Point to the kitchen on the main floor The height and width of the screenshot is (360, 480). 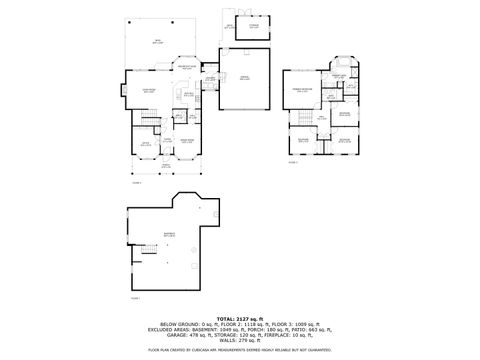(x=188, y=95)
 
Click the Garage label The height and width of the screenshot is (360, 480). (x=245, y=80)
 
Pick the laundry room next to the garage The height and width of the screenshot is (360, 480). (x=211, y=81)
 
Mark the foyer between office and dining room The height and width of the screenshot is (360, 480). (x=166, y=141)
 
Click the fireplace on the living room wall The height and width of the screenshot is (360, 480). (x=122, y=93)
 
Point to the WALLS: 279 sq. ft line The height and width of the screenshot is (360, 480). (x=241, y=339)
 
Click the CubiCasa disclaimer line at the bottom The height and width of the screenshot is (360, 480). (x=241, y=351)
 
